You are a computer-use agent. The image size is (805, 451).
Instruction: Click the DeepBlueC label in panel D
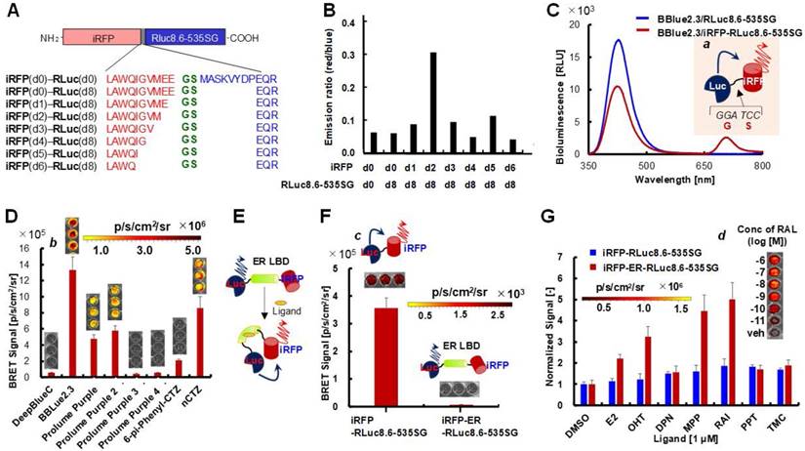pyautogui.click(x=32, y=423)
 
